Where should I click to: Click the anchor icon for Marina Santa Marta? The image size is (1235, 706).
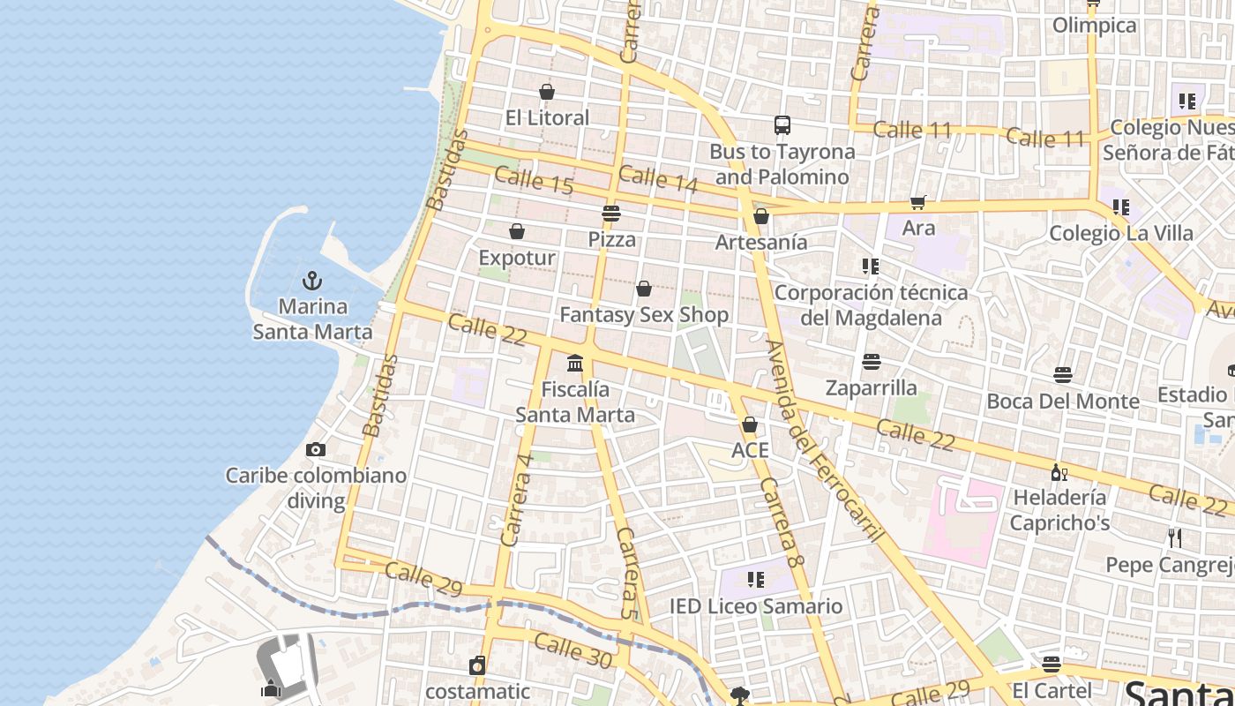point(312,282)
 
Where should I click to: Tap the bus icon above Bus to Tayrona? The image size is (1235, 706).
point(782,125)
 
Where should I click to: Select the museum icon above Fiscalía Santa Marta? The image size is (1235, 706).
point(575,363)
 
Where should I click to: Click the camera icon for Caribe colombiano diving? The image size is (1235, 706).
point(315,450)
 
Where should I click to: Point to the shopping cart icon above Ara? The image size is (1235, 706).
point(918,203)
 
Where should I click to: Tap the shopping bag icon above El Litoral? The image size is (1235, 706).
point(547,92)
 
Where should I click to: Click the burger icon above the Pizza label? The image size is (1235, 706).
point(611,214)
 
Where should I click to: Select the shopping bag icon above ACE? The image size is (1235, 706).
point(750,425)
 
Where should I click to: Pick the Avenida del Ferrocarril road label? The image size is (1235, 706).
point(825,440)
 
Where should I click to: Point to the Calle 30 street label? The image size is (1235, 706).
point(573,649)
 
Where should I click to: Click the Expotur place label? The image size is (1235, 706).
point(517,258)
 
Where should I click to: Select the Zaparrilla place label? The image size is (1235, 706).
point(871,387)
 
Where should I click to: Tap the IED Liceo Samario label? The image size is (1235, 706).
point(756,606)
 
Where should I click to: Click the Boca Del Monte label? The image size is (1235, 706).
point(1063,402)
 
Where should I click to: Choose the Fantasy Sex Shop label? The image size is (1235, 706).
point(644,315)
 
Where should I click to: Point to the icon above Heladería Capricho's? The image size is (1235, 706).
point(1059,472)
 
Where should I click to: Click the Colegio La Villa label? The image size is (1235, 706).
point(1120,234)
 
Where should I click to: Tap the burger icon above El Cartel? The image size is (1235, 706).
point(1051,664)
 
